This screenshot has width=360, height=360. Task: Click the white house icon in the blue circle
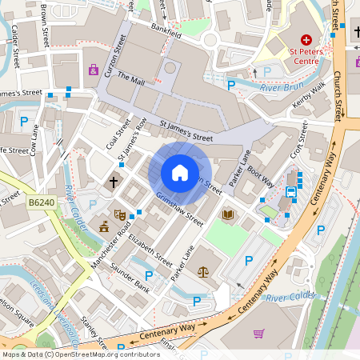coord(180,173)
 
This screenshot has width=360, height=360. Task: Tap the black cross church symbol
coord(114,182)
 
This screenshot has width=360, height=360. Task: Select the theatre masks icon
coord(120,214)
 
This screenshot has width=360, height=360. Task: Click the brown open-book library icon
coord(228,214)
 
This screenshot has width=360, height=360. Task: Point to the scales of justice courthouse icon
coord(202,270)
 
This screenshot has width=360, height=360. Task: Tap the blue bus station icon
coord(290,191)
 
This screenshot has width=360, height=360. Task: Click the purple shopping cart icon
coord(258,333)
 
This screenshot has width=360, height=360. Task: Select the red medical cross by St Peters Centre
coord(306,39)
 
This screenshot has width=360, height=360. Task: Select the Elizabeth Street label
coord(150,250)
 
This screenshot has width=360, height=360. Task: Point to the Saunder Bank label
coord(130,278)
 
